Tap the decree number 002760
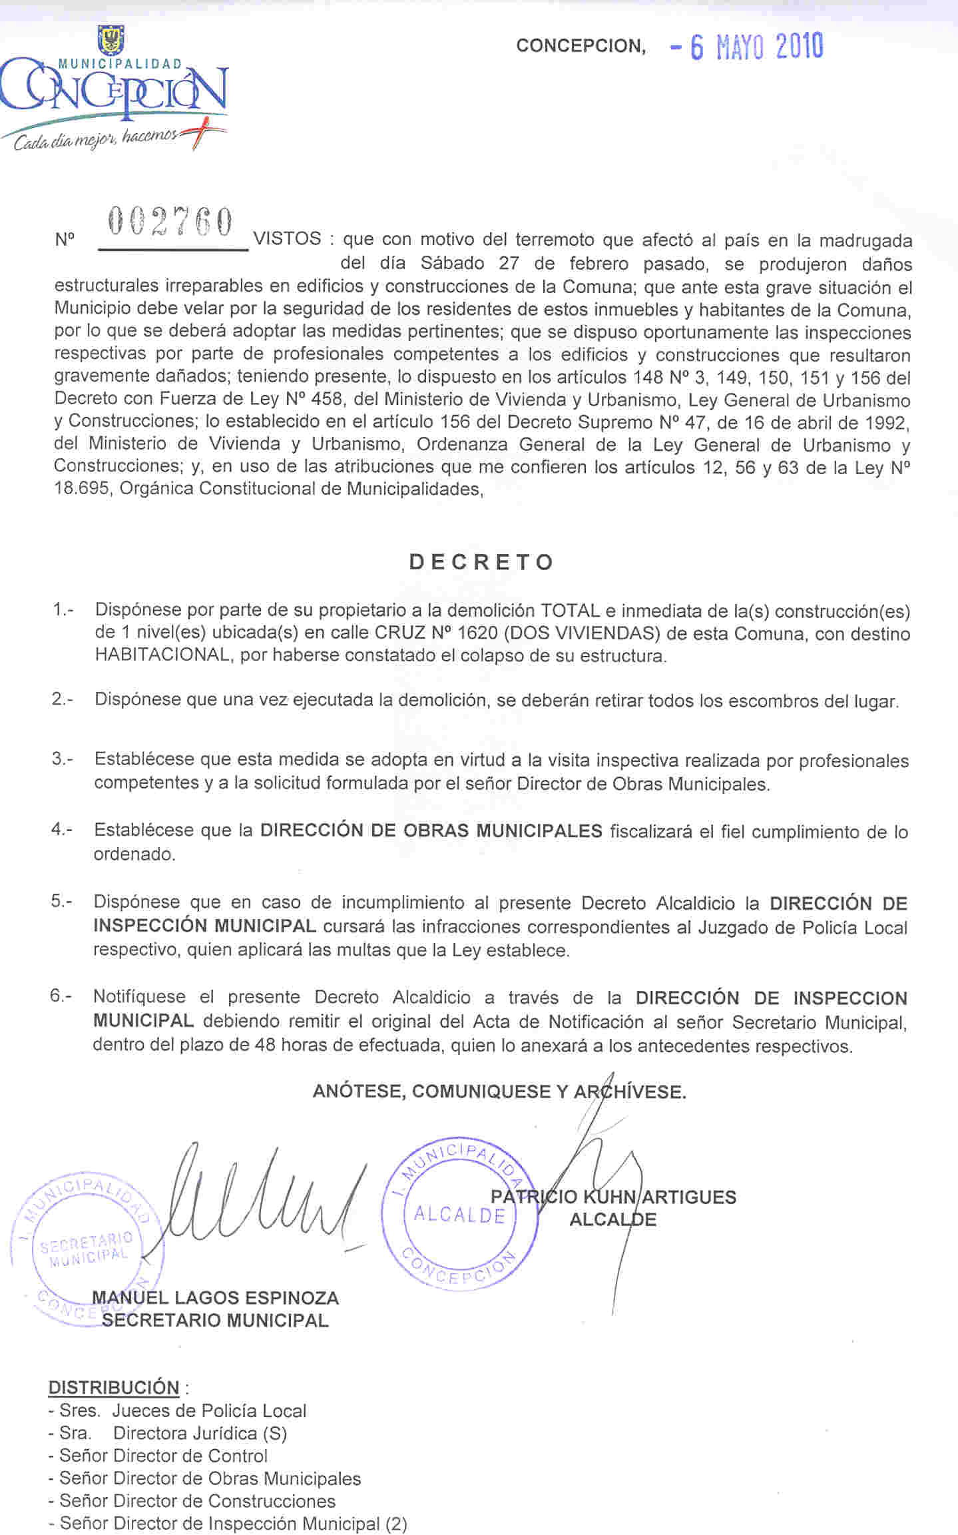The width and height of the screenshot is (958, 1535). pos(170,222)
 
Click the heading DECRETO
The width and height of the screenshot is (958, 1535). pos(481,562)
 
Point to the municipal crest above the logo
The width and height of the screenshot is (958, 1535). pos(111,39)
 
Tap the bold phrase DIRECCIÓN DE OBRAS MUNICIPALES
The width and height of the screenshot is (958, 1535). pos(431,830)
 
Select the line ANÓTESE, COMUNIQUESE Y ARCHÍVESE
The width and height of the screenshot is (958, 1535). pos(499,1091)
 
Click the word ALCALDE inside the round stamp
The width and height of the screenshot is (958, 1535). pos(459,1215)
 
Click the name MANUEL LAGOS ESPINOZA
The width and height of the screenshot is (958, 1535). pos(215,1297)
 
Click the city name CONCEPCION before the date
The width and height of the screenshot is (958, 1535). pos(581,46)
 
